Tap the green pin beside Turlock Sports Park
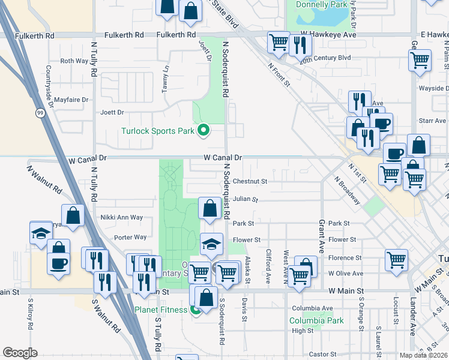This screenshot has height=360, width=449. point(203,130)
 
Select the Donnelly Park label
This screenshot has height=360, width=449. point(322,4)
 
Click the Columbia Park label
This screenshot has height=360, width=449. point(318,320)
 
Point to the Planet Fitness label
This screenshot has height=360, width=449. point(160,310)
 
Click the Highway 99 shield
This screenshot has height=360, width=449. point(40,112)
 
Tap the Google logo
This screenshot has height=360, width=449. point(20,353)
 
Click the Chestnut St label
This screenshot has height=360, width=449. point(250,181)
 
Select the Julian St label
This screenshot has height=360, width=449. point(246,199)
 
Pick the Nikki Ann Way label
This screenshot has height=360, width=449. point(122,217)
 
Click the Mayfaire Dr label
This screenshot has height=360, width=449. point(71,100)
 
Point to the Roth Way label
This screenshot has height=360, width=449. point(74,61)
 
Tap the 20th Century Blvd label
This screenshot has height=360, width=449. point(325,58)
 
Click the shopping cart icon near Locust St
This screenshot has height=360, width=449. point(396,260)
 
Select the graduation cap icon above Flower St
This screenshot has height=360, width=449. point(211,244)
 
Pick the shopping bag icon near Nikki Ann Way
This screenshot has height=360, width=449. point(73,217)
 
